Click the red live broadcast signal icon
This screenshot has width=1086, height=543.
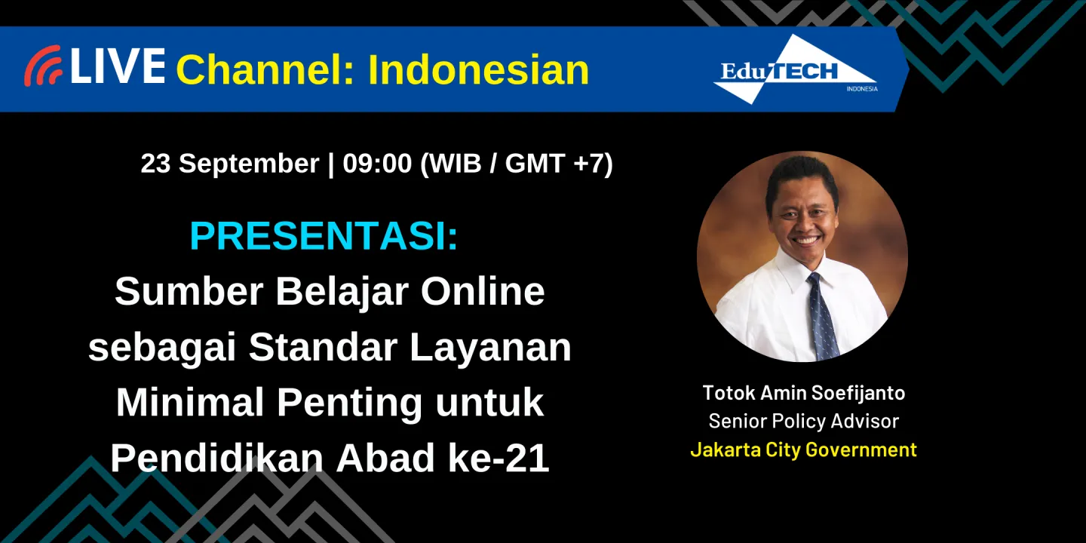[x=42, y=66]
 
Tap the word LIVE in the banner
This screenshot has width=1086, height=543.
[x=118, y=66]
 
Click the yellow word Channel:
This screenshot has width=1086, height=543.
[x=266, y=70]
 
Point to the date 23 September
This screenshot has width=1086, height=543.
[x=229, y=164]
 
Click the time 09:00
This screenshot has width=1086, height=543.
[x=377, y=164]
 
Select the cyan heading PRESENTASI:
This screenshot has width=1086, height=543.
[x=324, y=237]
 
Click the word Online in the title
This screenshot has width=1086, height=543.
[x=482, y=291]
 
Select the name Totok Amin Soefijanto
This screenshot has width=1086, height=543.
[x=803, y=393]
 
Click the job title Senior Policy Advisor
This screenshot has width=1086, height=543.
[x=803, y=421]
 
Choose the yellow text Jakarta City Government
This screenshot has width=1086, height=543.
[x=803, y=449]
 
